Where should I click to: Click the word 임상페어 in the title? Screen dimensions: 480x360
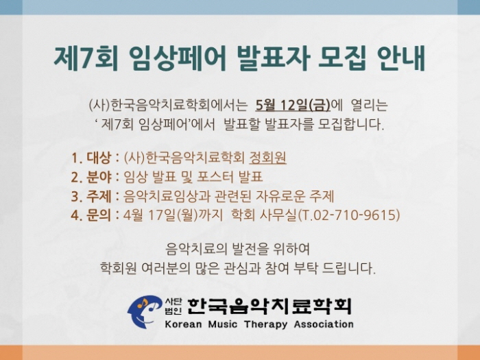point(177,58)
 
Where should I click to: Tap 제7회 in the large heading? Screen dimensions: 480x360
point(86,58)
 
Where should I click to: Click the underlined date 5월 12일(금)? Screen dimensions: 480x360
point(293,105)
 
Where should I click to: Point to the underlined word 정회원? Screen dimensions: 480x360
point(268,158)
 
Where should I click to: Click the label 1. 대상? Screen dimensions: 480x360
point(91,158)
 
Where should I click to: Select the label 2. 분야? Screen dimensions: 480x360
point(91,177)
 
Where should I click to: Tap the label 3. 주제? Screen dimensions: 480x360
point(91,196)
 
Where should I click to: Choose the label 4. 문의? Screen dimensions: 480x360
point(91,215)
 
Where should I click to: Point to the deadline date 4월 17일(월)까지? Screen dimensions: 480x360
point(173,215)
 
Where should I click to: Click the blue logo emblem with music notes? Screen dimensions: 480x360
point(145,311)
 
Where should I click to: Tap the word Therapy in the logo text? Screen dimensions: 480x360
point(266,324)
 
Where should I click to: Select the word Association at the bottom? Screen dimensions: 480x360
point(324,324)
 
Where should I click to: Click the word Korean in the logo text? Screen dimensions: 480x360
point(183,324)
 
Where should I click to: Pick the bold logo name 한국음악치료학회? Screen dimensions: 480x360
point(269,307)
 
